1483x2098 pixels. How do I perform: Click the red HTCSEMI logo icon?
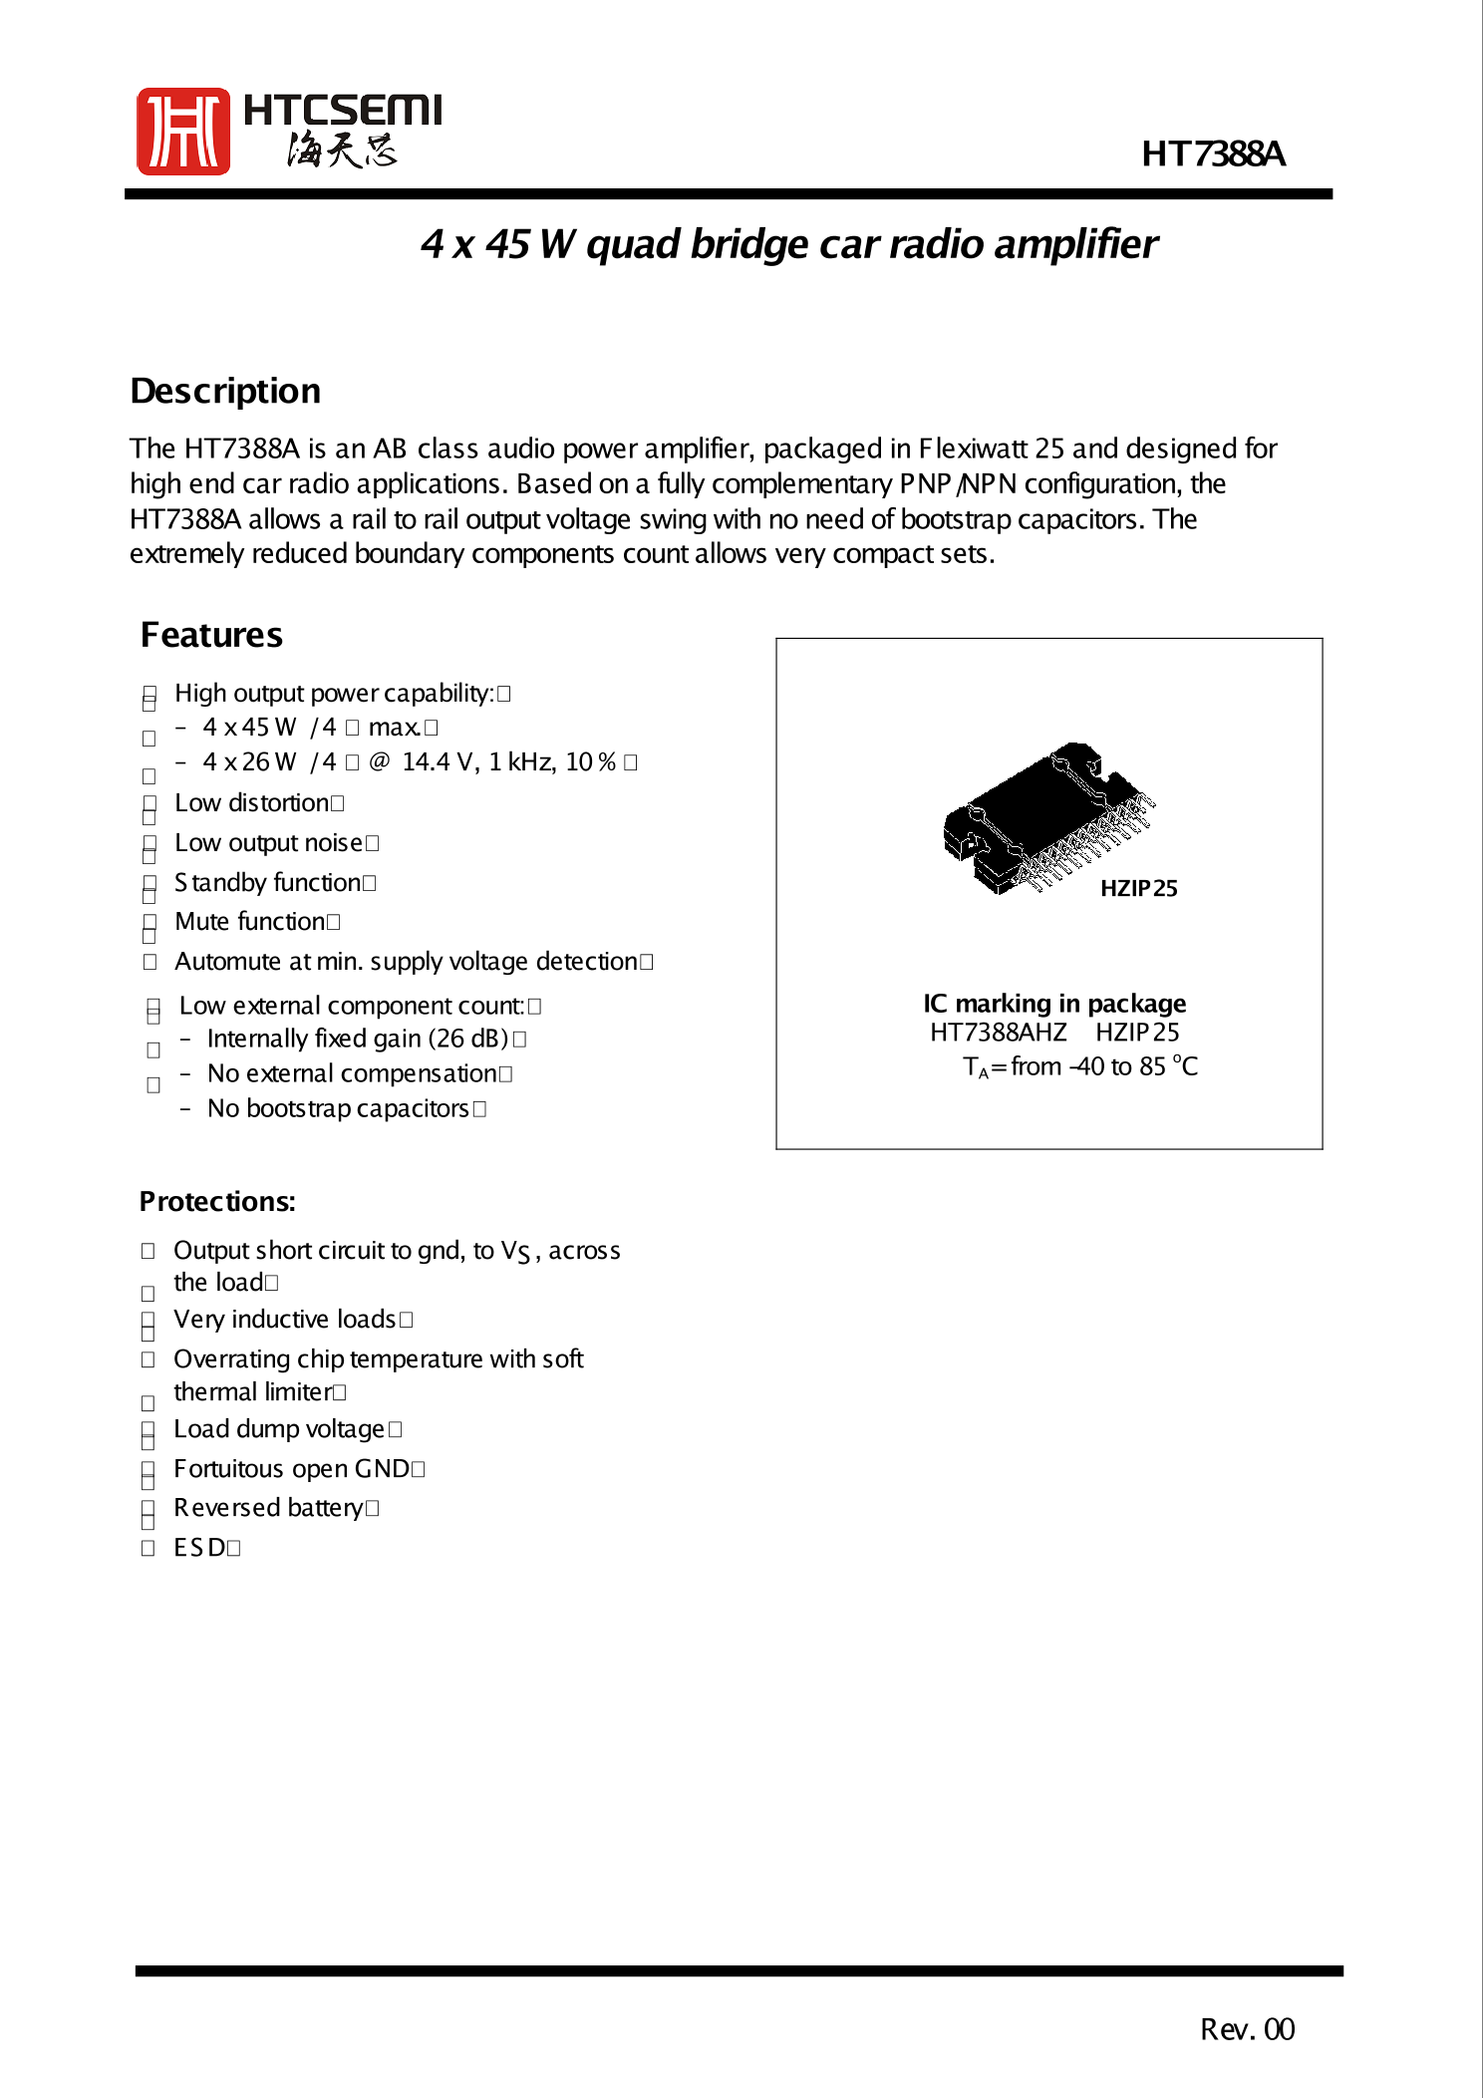[x=183, y=132]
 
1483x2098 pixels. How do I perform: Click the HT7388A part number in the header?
[x=1212, y=154]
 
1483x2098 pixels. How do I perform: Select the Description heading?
[x=225, y=392]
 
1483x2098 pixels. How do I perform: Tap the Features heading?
[x=211, y=636]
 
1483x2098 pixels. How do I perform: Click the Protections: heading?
[x=217, y=1202]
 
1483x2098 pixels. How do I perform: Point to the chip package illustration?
[x=1046, y=817]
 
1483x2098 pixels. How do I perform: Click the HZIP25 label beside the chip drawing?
[x=1138, y=889]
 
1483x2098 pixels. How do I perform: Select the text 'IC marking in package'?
[x=1054, y=1003]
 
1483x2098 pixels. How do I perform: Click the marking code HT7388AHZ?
[x=998, y=1033]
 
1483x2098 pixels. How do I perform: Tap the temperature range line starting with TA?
[x=1079, y=1067]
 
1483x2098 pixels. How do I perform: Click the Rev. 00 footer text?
[x=1247, y=2029]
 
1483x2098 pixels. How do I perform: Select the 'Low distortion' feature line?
[x=253, y=803]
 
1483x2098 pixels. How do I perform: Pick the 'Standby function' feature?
[x=267, y=883]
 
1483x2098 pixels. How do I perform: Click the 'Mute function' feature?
[x=250, y=922]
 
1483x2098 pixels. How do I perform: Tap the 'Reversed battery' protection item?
[x=268, y=1508]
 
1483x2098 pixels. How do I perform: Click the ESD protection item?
[x=200, y=1548]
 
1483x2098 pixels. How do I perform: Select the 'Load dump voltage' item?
[x=279, y=1429]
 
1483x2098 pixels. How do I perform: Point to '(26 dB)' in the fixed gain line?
[x=468, y=1039]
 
